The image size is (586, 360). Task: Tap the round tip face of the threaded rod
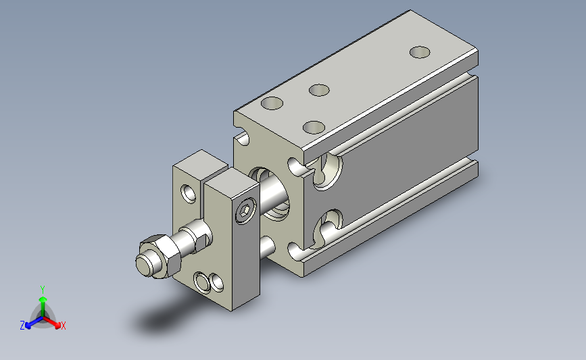click(144, 264)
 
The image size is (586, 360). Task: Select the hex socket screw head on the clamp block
click(246, 211)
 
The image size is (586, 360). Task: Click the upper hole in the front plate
click(189, 193)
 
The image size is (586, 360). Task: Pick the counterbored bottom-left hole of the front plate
click(202, 283)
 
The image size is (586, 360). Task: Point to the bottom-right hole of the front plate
click(216, 282)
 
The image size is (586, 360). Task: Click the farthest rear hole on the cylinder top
click(420, 52)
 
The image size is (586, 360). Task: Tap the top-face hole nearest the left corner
click(272, 103)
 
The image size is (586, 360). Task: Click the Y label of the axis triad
click(43, 290)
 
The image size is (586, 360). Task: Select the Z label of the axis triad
click(22, 326)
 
